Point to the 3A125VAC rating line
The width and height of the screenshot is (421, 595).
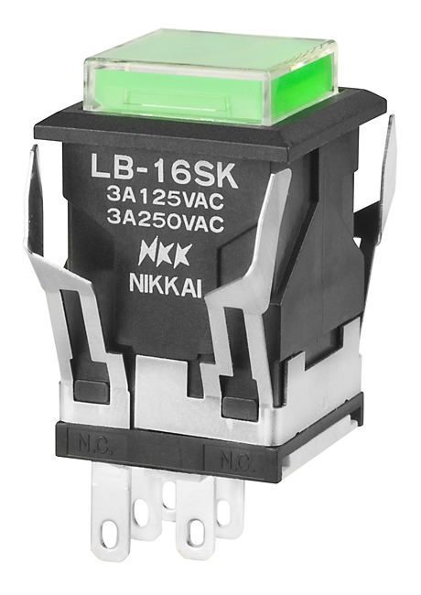164,200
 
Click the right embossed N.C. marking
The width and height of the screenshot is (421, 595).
234,461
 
